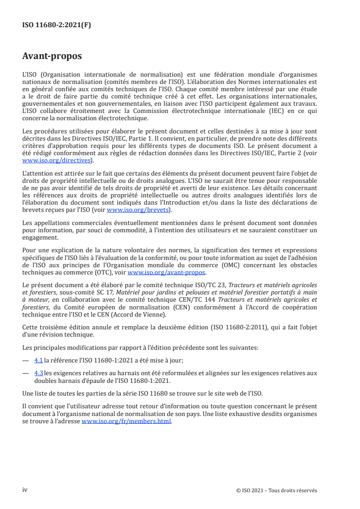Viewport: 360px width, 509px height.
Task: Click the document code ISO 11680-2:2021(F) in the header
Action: click(56, 25)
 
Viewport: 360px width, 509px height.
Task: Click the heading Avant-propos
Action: click(52, 56)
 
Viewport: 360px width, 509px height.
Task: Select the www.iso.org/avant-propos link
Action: click(167, 272)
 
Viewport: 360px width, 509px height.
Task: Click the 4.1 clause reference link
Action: click(39, 359)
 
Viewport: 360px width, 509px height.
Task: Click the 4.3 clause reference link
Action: click(39, 373)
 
